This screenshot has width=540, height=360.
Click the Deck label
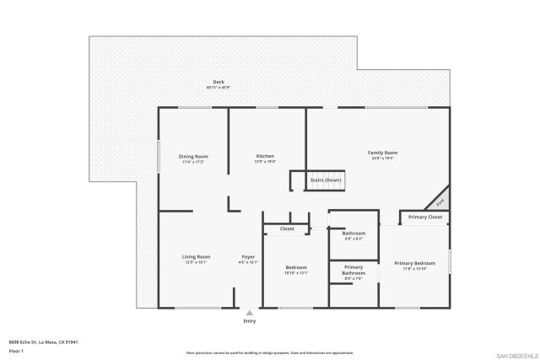click(x=218, y=82)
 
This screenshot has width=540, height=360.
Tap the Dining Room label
click(x=193, y=156)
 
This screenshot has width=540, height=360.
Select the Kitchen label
click(x=265, y=156)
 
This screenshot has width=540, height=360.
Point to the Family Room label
click(x=382, y=153)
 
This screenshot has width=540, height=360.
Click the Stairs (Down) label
click(x=326, y=180)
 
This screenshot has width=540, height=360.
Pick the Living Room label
click(x=196, y=256)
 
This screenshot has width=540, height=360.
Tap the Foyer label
click(x=248, y=256)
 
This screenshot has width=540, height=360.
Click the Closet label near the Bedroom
click(x=287, y=228)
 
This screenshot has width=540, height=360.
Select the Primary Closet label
click(x=425, y=218)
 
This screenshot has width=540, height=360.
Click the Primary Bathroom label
click(x=354, y=270)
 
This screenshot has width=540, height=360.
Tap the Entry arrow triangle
click(x=249, y=312)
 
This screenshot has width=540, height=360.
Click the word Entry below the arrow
click(x=249, y=321)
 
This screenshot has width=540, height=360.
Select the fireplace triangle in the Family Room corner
click(x=440, y=202)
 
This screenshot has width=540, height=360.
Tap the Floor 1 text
click(x=16, y=350)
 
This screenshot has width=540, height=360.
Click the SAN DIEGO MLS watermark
click(x=515, y=354)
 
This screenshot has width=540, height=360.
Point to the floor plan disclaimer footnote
click(x=269, y=353)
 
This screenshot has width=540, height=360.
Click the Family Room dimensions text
click(x=382, y=159)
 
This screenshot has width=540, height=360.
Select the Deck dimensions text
click(x=218, y=88)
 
